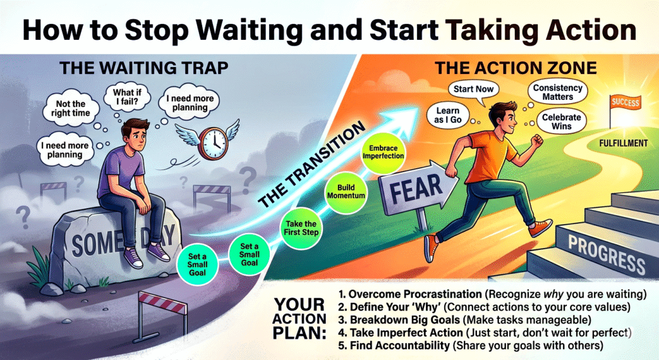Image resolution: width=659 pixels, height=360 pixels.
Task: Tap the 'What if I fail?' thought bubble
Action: (126, 97)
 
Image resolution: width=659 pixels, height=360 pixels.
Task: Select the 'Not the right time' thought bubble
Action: (71, 108)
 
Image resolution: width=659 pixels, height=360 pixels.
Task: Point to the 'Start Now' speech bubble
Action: (474, 89)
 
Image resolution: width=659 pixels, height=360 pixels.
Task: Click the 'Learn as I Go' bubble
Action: (448, 115)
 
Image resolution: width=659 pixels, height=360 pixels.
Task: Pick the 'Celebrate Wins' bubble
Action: (561, 122)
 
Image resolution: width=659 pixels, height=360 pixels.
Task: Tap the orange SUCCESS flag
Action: (625, 102)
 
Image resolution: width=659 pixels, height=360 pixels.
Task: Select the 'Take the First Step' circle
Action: (301, 228)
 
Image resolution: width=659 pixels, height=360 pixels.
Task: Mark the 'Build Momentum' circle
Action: (346, 191)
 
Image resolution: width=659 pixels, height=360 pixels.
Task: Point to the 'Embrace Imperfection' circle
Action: (383, 152)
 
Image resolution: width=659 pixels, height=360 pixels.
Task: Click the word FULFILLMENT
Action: (623, 144)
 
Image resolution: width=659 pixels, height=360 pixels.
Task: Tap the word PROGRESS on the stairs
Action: (606, 254)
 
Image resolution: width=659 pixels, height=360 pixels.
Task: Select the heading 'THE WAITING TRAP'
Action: (144, 68)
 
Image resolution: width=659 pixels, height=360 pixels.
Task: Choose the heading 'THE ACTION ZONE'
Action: (515, 68)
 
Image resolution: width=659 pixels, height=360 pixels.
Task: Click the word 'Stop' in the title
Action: (156, 31)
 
